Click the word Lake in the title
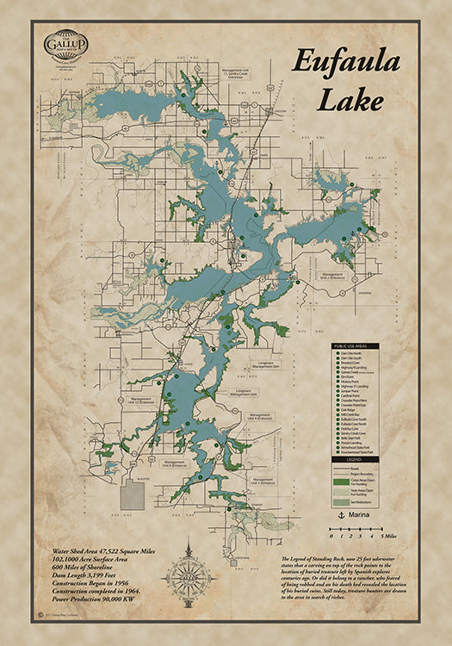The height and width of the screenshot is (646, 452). tap(351, 100)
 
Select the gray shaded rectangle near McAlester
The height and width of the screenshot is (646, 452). tap(133, 495)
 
